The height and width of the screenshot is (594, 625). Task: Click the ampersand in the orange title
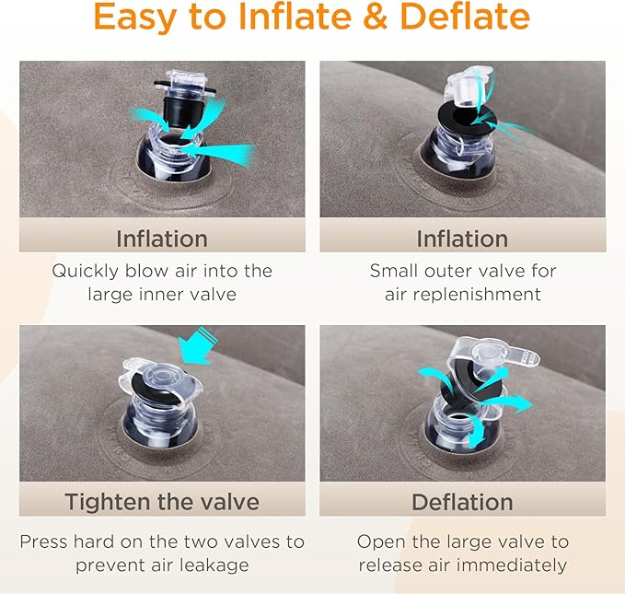click(x=376, y=17)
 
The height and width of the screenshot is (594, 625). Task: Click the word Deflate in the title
click(x=464, y=17)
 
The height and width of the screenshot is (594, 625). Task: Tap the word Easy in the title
click(x=134, y=18)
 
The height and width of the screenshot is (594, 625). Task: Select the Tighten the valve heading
click(x=162, y=502)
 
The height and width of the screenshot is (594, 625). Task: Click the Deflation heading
click(x=462, y=502)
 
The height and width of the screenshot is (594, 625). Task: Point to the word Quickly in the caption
click(x=86, y=272)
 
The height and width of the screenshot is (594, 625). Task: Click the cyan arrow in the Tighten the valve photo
click(x=197, y=346)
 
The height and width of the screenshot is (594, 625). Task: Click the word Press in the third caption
click(x=44, y=542)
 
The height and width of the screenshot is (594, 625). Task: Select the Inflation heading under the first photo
click(x=162, y=239)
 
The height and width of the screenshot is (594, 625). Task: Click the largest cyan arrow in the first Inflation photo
click(x=219, y=153)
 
